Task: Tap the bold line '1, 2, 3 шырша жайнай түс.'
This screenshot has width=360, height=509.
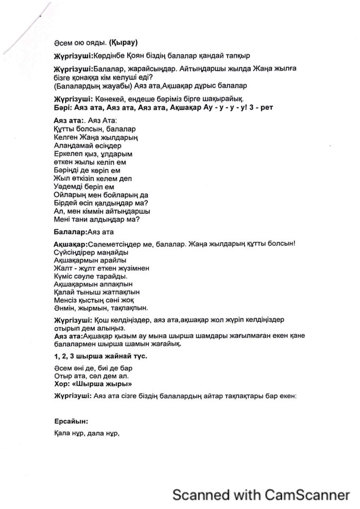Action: pyautogui.click(x=101, y=356)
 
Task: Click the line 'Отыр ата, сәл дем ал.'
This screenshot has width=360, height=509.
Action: pyautogui.click(x=90, y=376)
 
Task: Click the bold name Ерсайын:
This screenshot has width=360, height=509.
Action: pyautogui.click(x=71, y=421)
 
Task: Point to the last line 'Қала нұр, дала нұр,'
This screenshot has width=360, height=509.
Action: pyautogui.click(x=87, y=433)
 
